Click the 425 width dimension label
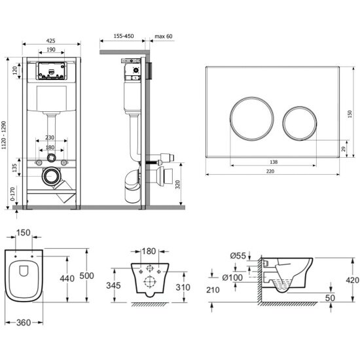[x=51, y=41]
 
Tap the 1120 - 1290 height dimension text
[x=4, y=135]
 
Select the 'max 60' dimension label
[x=163, y=36]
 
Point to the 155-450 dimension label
[x=124, y=36]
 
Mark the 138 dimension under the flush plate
[x=274, y=162]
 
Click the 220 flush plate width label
[x=270, y=171]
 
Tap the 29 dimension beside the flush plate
[x=343, y=149]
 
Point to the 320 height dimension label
[x=177, y=185]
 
